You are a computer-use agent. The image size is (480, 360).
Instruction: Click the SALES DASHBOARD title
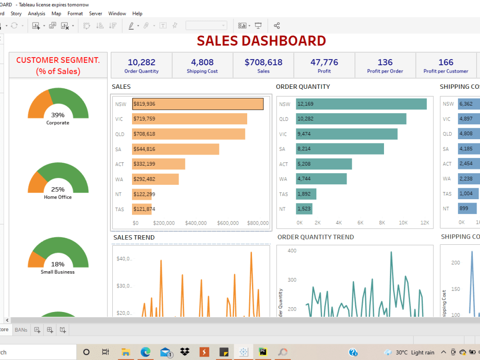(x=261, y=41)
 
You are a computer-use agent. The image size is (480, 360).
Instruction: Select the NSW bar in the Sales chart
(x=198, y=104)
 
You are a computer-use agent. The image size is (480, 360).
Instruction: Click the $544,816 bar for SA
(x=176, y=149)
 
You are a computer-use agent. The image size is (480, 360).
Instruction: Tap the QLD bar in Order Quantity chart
(x=351, y=119)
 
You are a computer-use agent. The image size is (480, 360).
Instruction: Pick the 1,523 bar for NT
(x=304, y=209)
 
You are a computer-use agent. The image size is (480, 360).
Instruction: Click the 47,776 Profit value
(x=324, y=62)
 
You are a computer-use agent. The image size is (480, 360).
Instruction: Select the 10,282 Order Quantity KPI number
(x=141, y=62)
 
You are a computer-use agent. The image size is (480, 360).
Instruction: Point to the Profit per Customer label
(x=445, y=72)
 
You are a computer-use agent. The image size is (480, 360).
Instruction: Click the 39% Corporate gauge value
(x=58, y=115)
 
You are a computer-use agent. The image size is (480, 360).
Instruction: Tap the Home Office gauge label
(x=58, y=197)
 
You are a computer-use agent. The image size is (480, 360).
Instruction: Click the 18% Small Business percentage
(x=58, y=264)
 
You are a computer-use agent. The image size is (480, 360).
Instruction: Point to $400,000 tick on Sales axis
(x=196, y=223)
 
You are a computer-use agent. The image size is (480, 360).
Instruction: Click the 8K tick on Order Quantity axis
(x=382, y=223)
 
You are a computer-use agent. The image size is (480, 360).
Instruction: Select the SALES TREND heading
(x=134, y=237)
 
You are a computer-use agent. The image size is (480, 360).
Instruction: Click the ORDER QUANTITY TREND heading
(x=315, y=237)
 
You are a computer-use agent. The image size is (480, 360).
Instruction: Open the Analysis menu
(x=36, y=13)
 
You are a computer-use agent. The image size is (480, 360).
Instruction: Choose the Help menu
(x=137, y=13)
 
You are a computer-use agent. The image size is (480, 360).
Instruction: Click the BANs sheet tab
(x=21, y=330)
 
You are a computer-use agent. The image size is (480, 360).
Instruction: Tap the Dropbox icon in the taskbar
(x=185, y=352)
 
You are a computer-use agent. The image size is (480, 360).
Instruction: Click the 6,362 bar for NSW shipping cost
(x=468, y=104)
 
